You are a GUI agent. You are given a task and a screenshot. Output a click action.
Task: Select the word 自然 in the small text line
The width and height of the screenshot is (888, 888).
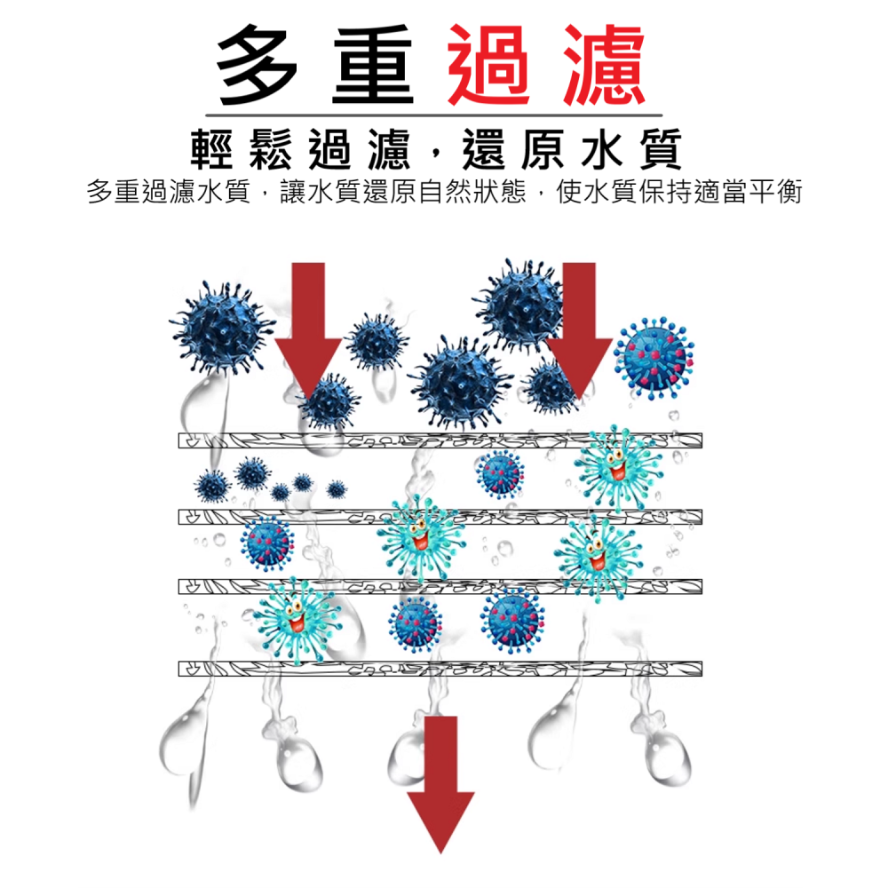445,192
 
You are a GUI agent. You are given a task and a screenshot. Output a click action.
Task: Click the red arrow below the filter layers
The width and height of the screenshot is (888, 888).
440,781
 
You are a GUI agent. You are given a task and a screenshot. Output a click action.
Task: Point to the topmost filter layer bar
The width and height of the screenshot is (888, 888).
440,440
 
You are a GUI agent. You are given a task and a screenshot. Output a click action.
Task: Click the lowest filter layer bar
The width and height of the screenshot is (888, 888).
440,668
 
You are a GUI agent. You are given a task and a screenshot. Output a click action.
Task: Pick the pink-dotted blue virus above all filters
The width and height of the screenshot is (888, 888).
655,353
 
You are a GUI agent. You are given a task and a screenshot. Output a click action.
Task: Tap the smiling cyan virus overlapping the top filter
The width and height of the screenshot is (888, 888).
616,466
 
